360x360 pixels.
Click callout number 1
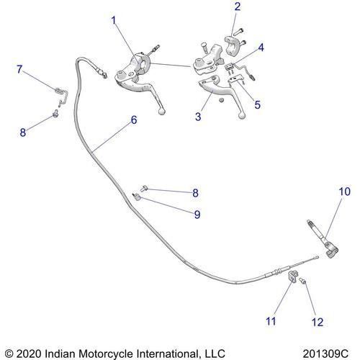tap(113, 21)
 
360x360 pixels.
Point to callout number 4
tap(261, 48)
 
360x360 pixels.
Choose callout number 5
tap(257, 104)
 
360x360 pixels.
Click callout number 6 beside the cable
tap(133, 122)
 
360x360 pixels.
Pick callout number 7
tap(20, 69)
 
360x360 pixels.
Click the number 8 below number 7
tap(22, 132)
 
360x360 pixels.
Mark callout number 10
tap(344, 192)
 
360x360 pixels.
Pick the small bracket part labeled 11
tap(293, 277)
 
